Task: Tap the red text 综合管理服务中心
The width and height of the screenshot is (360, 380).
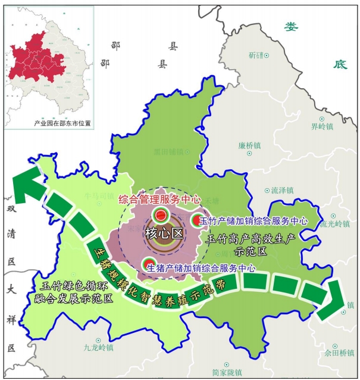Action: pyautogui.click(x=160, y=200)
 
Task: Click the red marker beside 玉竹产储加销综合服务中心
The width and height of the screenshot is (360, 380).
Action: pyautogui.click(x=196, y=220)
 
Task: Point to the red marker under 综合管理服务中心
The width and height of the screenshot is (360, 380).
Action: pyautogui.click(x=160, y=214)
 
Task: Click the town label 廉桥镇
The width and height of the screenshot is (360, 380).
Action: pyautogui.click(x=250, y=145)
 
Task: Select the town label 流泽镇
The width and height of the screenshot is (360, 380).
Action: pyautogui.click(x=283, y=191)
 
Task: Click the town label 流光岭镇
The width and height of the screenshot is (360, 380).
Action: pyautogui.click(x=335, y=224)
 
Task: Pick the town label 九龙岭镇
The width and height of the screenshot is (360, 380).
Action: pyautogui.click(x=98, y=347)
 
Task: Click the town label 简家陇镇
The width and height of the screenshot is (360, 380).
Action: pyautogui.click(x=227, y=371)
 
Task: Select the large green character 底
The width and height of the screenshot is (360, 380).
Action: pyautogui.click(x=340, y=64)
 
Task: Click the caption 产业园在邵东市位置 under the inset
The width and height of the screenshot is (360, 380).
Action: pyautogui.click(x=62, y=123)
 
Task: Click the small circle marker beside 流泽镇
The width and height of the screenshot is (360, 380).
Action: pyautogui.click(x=267, y=191)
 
